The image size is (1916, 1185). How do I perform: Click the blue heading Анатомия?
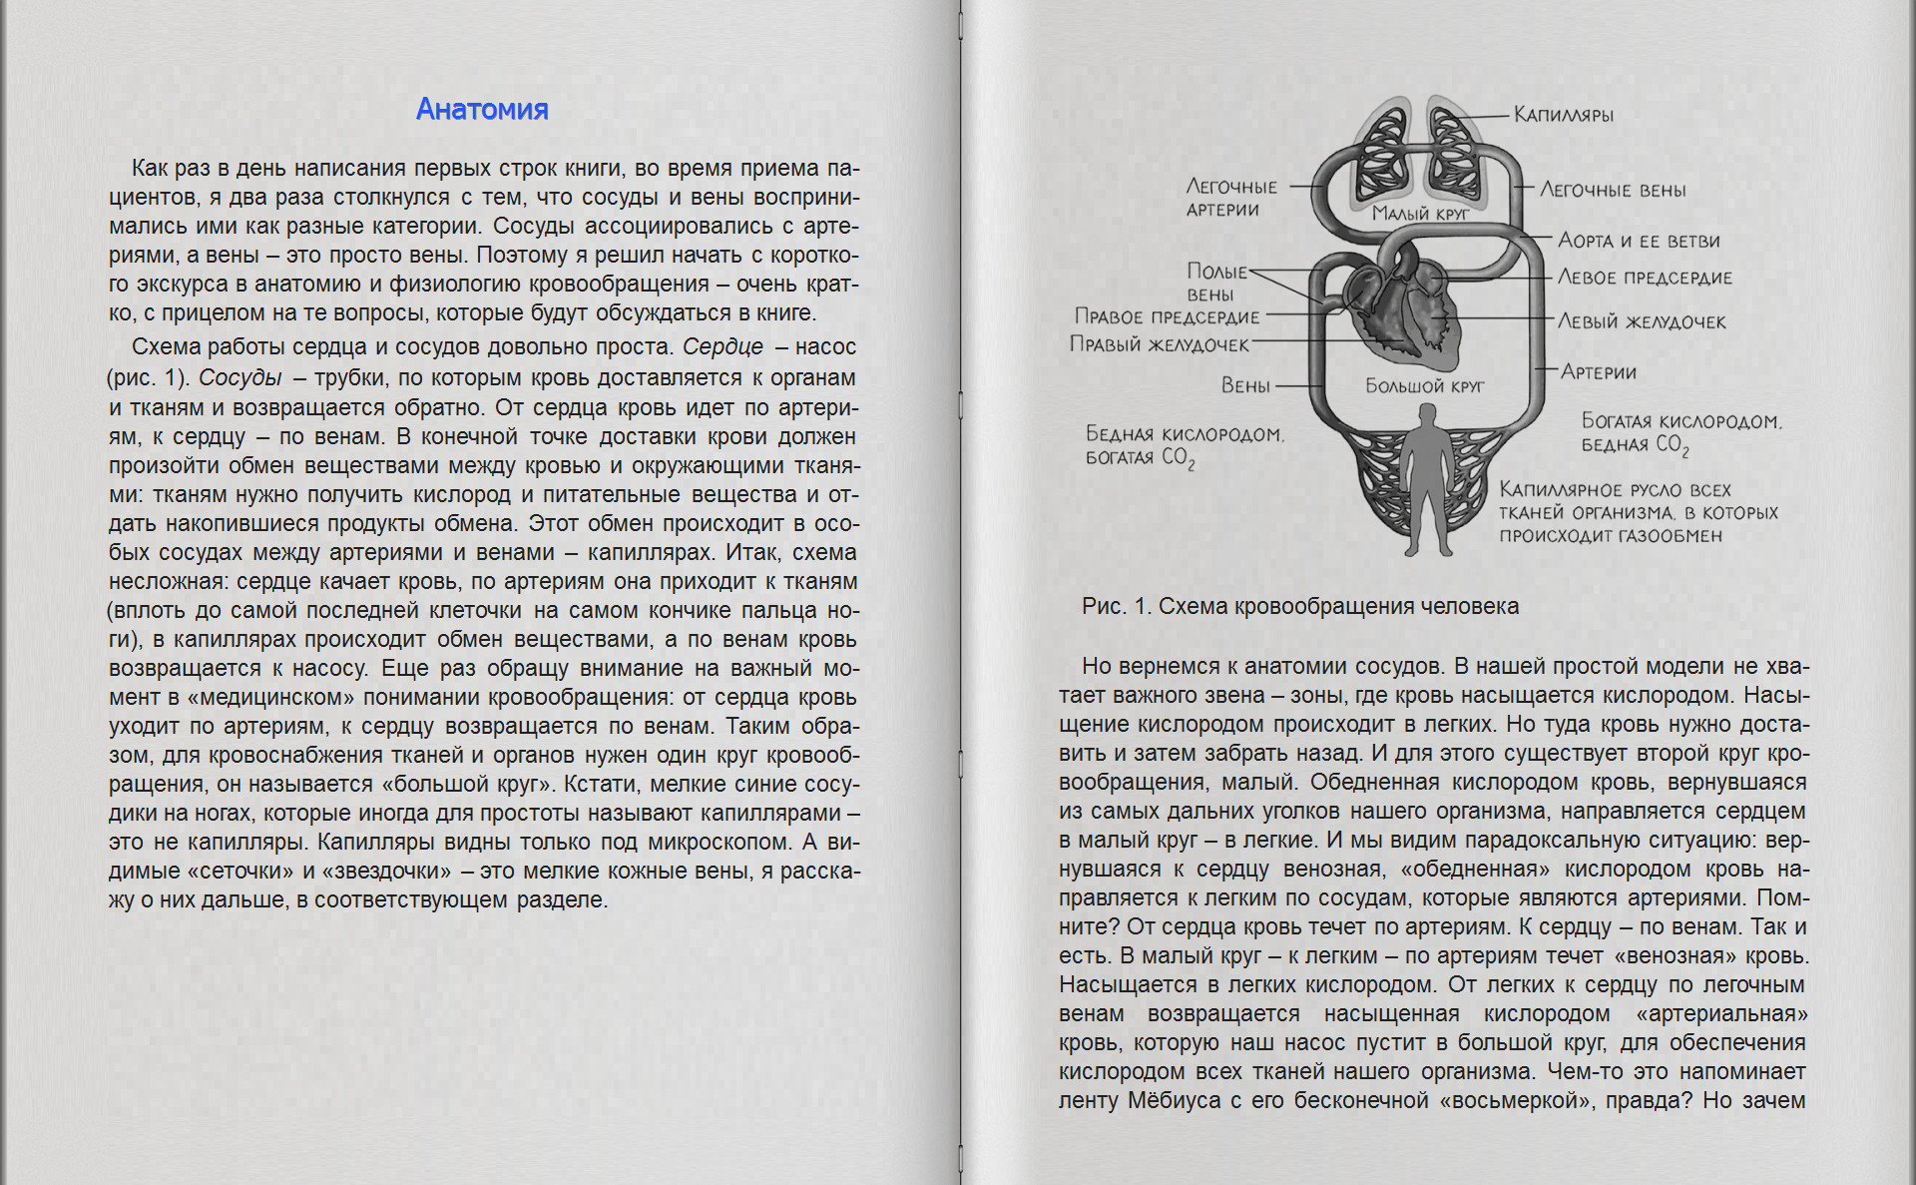[x=482, y=109]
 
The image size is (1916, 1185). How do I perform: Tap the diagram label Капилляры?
[x=1564, y=115]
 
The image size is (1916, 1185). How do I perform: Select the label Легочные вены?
[x=1613, y=190]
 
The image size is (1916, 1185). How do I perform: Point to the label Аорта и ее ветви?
[x=1639, y=241]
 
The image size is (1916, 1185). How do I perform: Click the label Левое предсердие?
[x=1645, y=278]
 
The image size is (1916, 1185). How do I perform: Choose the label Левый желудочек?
[x=1642, y=321]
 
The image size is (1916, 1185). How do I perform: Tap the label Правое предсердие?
[x=1167, y=316]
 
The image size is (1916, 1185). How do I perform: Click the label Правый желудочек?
[x=1160, y=344]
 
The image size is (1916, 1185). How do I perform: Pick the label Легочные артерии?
[x=1230, y=198]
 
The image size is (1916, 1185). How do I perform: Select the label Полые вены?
[x=1215, y=282]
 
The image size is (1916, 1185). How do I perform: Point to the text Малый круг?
[x=1420, y=213]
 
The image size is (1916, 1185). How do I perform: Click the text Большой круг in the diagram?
[x=1425, y=385]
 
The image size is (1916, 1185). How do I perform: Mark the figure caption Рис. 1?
[x=1299, y=606]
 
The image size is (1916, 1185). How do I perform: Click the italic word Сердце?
[x=722, y=346]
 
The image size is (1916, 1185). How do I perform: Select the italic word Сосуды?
[x=239, y=377]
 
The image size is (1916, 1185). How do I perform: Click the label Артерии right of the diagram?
[x=1599, y=372]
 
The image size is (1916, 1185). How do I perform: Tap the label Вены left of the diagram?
[x=1245, y=385]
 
